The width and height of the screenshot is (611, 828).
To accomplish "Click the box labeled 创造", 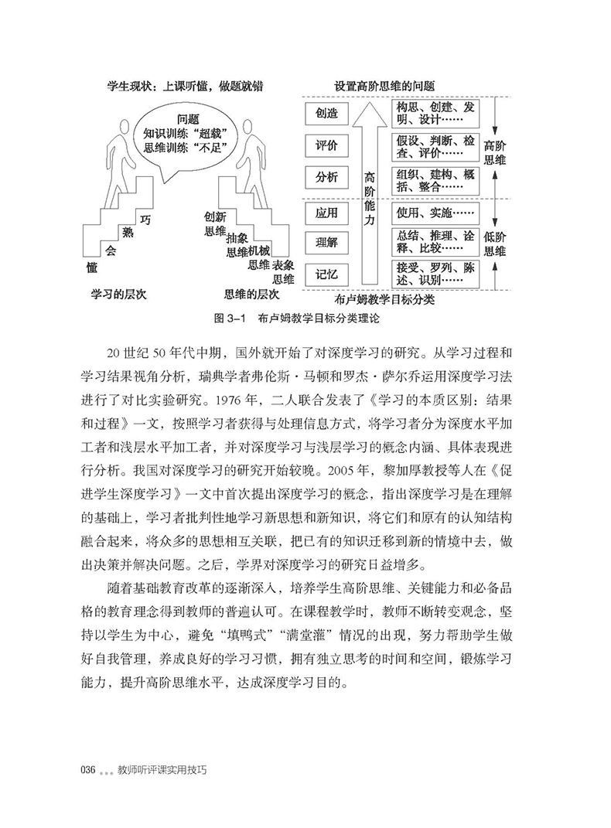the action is coord(327,113).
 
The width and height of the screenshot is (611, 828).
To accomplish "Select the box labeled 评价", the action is coord(327,145).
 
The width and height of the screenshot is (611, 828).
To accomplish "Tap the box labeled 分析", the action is coord(327,178).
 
